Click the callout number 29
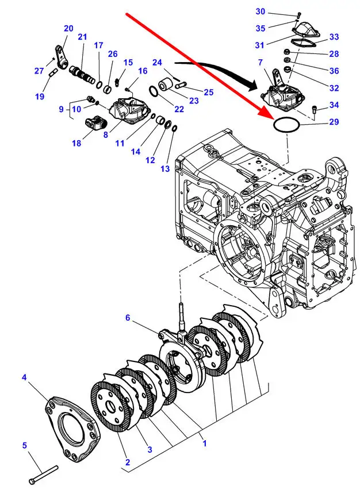click(x=334, y=122)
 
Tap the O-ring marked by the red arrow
click(x=286, y=125)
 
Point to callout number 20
click(x=68, y=28)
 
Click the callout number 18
click(x=76, y=143)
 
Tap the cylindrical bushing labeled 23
click(x=166, y=86)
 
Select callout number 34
click(x=334, y=105)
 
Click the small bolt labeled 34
click(x=314, y=110)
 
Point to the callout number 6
click(x=128, y=317)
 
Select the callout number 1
click(x=205, y=443)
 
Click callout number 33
click(x=334, y=37)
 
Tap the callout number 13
click(x=165, y=169)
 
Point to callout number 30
click(x=260, y=11)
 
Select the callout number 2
click(x=128, y=462)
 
